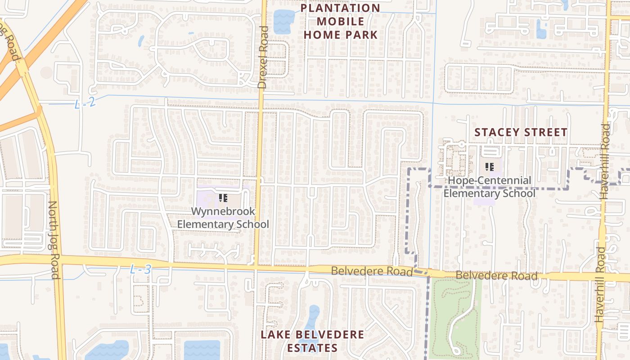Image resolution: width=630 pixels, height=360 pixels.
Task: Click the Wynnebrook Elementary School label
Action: pos(223,218)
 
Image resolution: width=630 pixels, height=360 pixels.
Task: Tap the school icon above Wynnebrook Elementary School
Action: pos(223,198)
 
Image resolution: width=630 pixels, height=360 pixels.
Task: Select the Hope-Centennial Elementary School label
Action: pos(489,187)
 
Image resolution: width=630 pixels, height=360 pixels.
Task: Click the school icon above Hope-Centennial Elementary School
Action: pos(490,167)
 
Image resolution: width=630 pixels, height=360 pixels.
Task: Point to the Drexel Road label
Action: pos(263,57)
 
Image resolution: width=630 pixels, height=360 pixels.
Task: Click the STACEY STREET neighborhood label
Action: pos(521,132)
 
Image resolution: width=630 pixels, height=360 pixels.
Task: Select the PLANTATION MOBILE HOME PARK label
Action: pos(341,21)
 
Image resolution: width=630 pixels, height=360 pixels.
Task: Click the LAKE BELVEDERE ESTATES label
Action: pos(312,341)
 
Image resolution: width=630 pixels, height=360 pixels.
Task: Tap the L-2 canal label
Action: pos(85,103)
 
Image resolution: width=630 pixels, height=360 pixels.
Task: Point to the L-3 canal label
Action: pos(140,270)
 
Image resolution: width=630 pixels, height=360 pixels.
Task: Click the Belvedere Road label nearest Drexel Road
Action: pos(372,271)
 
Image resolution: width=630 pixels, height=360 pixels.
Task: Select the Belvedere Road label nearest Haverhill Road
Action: pos(496,275)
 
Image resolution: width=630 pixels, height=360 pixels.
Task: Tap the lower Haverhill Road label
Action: pos(600,284)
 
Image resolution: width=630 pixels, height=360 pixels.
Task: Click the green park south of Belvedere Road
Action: pos(454,317)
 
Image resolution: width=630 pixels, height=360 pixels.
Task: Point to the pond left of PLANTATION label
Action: pos(283,21)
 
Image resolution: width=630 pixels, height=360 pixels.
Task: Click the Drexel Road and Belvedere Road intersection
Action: pos(256,267)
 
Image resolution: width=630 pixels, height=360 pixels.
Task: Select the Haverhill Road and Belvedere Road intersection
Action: pos(603,276)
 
